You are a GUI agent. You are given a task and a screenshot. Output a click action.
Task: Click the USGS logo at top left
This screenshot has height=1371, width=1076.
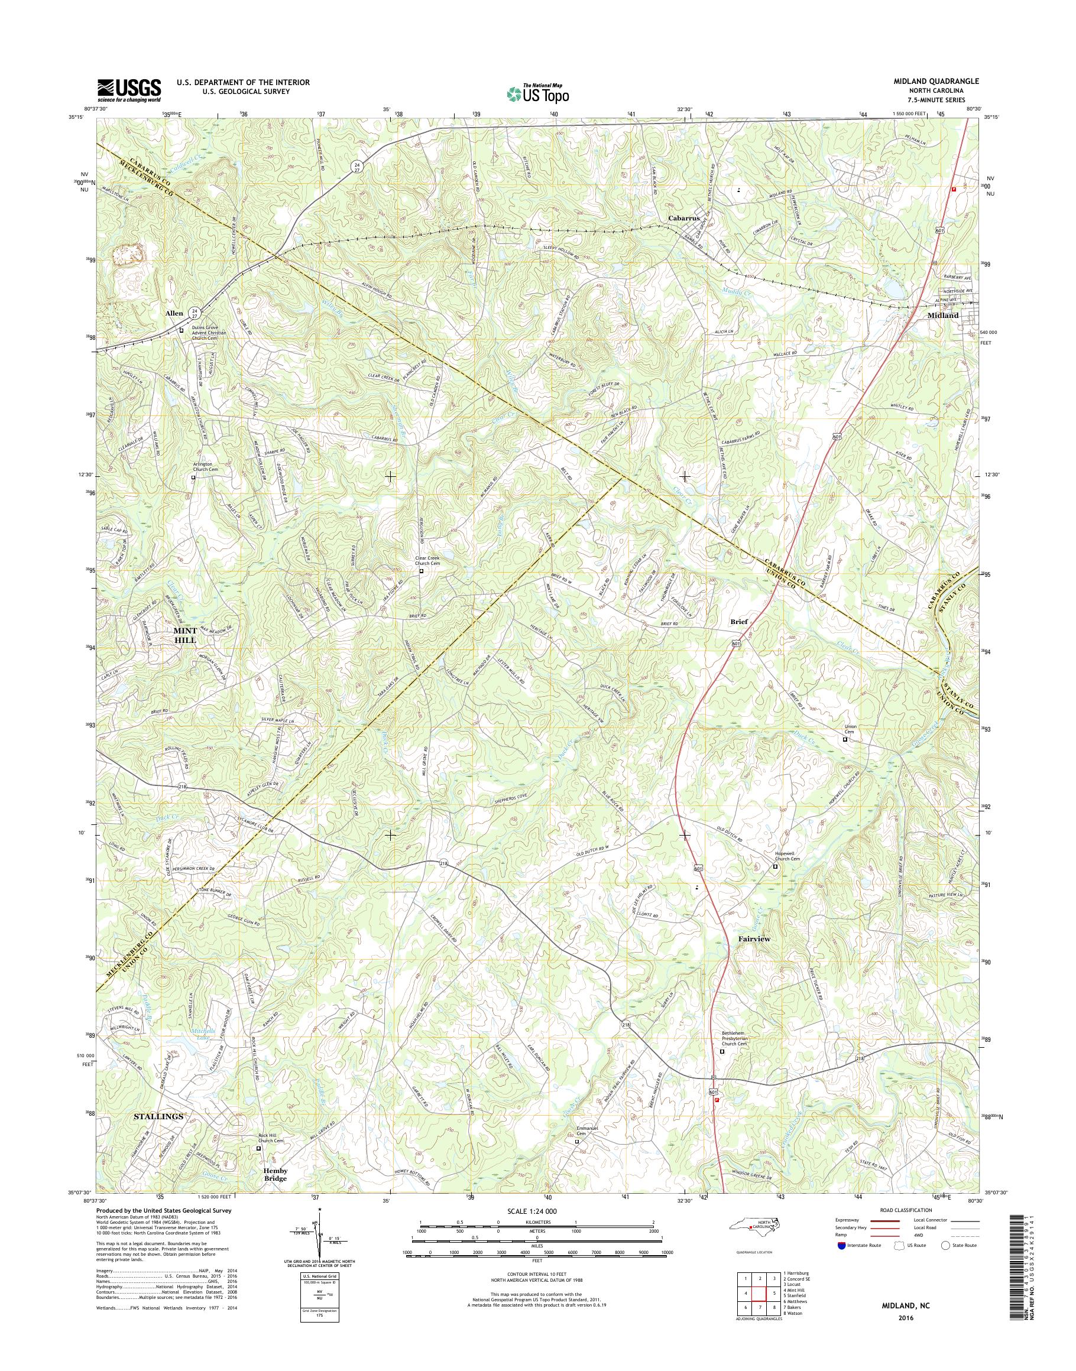[129, 90]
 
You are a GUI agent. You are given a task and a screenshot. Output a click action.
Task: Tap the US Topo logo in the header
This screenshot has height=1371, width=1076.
[537, 94]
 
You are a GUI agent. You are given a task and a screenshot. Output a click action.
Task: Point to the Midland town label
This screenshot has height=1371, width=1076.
[943, 316]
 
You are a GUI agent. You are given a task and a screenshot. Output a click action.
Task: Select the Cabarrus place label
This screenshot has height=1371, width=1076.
[684, 217]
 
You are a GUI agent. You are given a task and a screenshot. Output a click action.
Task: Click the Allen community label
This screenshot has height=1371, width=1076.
[174, 313]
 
